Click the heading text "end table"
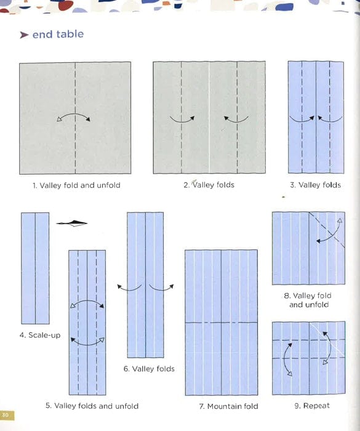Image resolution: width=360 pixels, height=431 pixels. click(58, 34)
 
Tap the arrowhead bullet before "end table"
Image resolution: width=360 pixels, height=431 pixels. click(24, 35)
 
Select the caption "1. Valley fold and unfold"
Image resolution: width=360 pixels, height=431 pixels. click(76, 185)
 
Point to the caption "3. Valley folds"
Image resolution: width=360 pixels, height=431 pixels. click(315, 185)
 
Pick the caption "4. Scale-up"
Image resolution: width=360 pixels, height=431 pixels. click(40, 336)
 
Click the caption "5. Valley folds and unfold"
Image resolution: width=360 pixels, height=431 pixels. click(92, 406)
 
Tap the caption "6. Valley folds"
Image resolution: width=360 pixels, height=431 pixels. click(149, 369)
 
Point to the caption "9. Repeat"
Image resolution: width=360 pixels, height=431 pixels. click(312, 406)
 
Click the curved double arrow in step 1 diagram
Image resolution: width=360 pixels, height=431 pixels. click(74, 118)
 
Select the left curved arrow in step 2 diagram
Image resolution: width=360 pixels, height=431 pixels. click(182, 119)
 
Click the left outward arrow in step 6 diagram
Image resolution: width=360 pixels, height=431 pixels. click(129, 287)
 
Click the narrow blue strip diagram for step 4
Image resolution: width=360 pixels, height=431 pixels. click(34, 268)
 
